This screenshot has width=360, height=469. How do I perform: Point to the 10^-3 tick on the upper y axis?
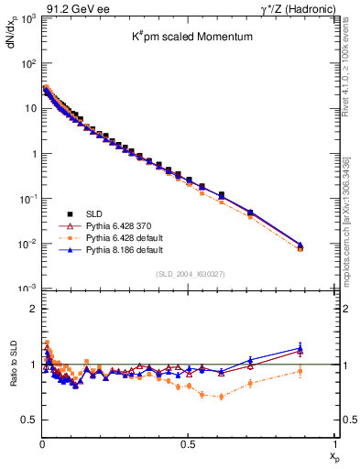click(27, 289)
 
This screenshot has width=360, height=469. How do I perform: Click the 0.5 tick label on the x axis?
click(188, 445)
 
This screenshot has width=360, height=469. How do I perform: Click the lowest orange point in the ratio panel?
click(221, 397)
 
